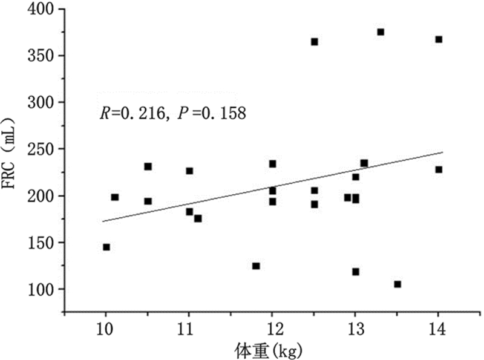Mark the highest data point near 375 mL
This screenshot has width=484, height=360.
click(x=381, y=32)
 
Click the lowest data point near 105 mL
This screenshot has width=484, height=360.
click(x=397, y=284)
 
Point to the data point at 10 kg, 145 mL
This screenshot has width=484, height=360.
click(x=106, y=247)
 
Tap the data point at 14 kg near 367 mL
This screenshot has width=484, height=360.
click(x=439, y=39)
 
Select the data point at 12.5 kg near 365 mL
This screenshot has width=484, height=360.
click(x=314, y=42)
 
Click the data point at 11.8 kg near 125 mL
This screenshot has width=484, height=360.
click(x=256, y=266)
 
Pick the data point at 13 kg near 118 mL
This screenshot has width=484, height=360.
click(x=356, y=272)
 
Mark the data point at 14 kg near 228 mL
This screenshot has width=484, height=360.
click(x=439, y=169)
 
